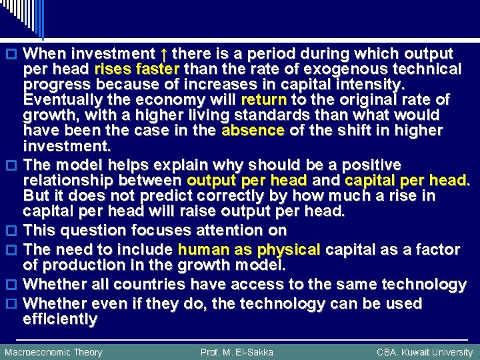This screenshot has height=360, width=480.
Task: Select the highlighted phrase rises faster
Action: [137, 69]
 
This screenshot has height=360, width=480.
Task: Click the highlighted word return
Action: [264, 100]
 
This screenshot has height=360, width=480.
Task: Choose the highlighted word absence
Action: [253, 131]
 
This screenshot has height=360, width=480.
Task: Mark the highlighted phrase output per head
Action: [247, 180]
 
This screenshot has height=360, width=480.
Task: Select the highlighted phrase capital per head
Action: [406, 180]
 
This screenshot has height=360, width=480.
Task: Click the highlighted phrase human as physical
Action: [249, 250]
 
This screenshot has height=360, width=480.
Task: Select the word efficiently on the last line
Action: [61, 319]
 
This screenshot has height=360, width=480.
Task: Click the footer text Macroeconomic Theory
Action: [53, 352]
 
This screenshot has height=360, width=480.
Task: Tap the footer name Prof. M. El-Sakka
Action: [237, 352]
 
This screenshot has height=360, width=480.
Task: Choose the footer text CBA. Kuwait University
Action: [424, 352]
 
